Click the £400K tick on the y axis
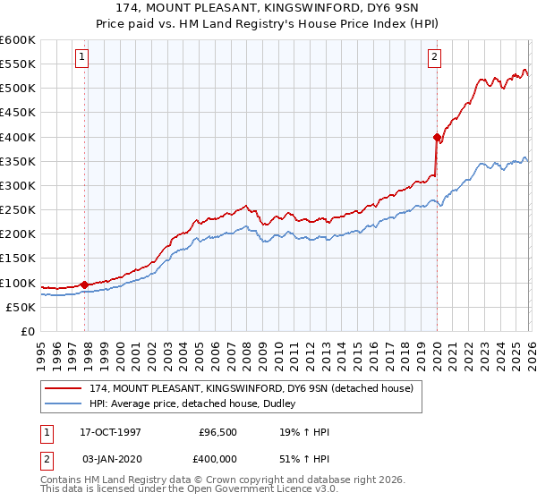tap(18, 137)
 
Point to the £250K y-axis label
tap(18, 210)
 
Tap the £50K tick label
tap(21, 307)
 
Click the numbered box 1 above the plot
tap(81, 57)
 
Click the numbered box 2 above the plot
tap(434, 57)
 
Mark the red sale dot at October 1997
tap(85, 284)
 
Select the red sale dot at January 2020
tap(437, 137)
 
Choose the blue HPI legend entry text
tap(198, 404)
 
